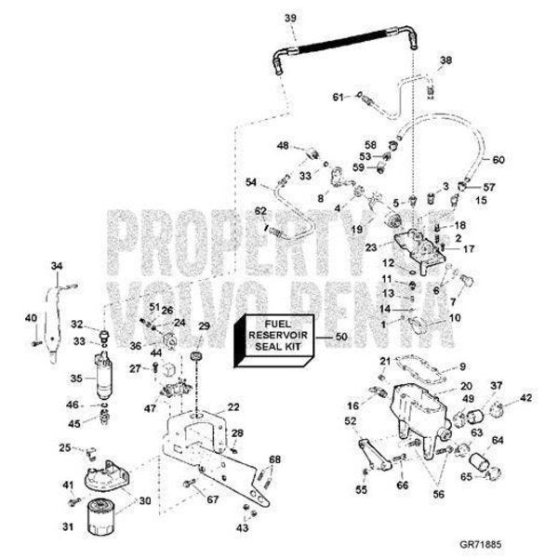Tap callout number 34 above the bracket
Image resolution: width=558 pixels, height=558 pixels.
coord(57,267)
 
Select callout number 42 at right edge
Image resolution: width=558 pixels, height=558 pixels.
coord(526,397)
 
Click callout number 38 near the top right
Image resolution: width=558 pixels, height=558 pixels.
coord(445,60)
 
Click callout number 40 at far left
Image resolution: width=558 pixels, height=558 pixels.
coord(30,319)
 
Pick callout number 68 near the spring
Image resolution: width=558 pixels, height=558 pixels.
coord(274,459)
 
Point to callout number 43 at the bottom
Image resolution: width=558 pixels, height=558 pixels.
coord(244,526)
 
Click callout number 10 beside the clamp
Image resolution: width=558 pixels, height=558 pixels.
coord(455,318)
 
